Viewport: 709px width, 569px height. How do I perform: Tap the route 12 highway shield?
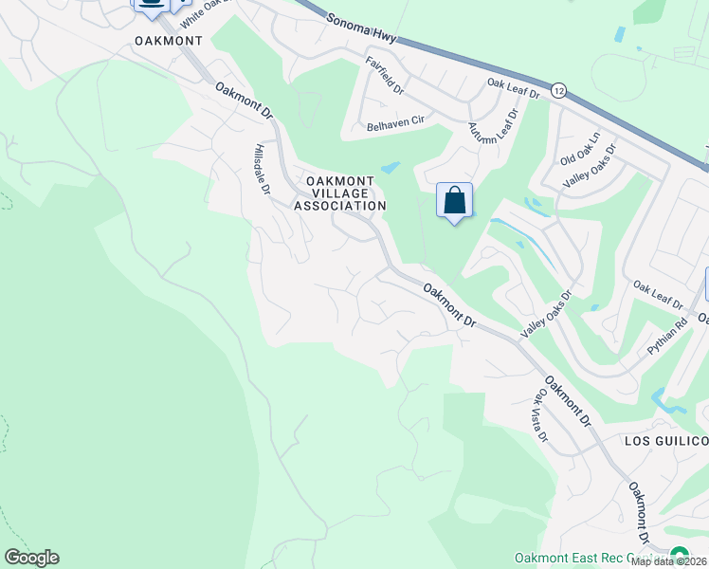(558, 91)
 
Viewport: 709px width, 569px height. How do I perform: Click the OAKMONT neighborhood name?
(169, 41)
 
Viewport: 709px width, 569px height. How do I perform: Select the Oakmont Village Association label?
(340, 193)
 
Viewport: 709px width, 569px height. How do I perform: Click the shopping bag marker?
(455, 201)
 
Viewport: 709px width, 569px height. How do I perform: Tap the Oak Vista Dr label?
(540, 414)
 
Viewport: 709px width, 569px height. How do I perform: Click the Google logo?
(31, 558)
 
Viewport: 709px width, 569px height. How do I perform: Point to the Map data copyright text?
(669, 561)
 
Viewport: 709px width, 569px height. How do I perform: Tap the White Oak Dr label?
(206, 11)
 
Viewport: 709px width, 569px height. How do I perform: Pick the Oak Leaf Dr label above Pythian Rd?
(658, 295)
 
